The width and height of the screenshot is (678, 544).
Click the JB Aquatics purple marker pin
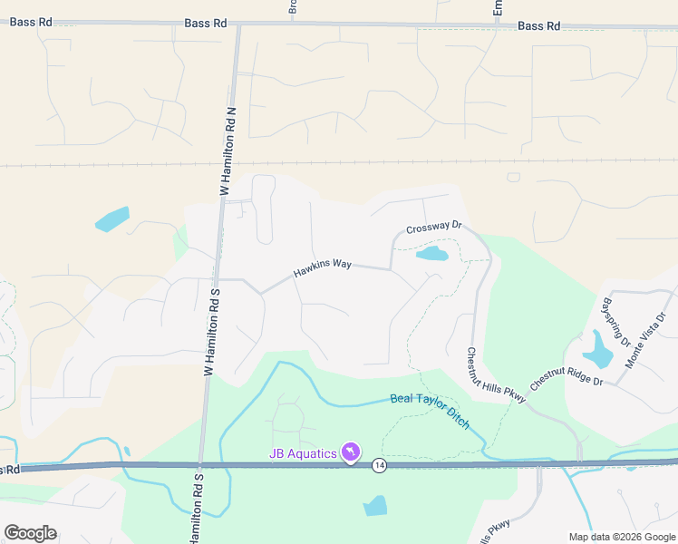pyautogui.click(x=351, y=452)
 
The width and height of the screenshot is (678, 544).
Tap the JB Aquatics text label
pyautogui.click(x=303, y=454)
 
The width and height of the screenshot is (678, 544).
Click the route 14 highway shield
pyautogui.click(x=379, y=464)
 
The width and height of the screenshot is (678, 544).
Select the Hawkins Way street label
pyautogui.click(x=322, y=268)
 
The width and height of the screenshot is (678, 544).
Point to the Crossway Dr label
pyautogui.click(x=434, y=228)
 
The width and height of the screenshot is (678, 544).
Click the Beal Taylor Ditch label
pyautogui.click(x=431, y=412)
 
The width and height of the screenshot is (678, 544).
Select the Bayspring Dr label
pyautogui.click(x=616, y=322)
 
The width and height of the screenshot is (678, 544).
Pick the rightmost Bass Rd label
pyautogui.click(x=538, y=26)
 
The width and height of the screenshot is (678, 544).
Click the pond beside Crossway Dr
pyautogui.click(x=431, y=254)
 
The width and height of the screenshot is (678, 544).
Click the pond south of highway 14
pyautogui.click(x=375, y=506)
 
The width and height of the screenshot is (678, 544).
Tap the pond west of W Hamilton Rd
pyautogui.click(x=112, y=219)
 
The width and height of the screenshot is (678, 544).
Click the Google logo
pyautogui.click(x=30, y=533)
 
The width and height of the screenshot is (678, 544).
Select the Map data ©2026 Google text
pyautogui.click(x=621, y=537)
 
